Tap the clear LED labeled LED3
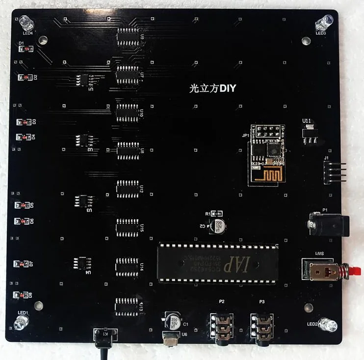325,22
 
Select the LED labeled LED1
22,322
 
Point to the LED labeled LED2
327,325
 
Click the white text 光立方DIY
213,89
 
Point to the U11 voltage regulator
309,133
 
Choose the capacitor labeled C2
215,226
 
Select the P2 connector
221,326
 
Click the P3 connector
261,326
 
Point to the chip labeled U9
128,36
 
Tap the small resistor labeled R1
218,214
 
